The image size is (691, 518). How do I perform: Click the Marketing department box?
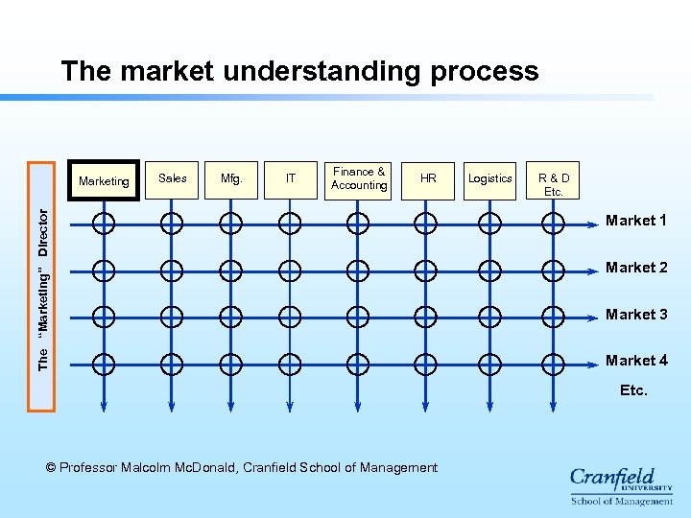click(x=104, y=180)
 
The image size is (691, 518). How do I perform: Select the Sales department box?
click(x=173, y=179)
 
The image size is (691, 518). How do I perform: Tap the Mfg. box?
click(x=231, y=179)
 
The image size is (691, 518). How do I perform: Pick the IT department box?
click(x=291, y=179)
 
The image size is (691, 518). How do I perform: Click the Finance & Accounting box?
click(x=359, y=179)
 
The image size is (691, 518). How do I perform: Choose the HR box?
click(x=428, y=179)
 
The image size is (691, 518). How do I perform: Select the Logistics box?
click(x=490, y=179)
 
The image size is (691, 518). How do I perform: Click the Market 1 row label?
click(x=636, y=221)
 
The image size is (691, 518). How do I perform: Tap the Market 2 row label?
click(x=636, y=268)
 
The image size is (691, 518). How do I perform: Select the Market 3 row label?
click(x=636, y=315)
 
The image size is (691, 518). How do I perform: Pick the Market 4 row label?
click(x=636, y=361)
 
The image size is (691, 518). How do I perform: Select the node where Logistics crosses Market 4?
click(x=489, y=364)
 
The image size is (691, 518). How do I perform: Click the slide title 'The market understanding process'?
click(x=299, y=71)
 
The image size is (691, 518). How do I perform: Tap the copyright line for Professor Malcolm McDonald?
click(x=242, y=468)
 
